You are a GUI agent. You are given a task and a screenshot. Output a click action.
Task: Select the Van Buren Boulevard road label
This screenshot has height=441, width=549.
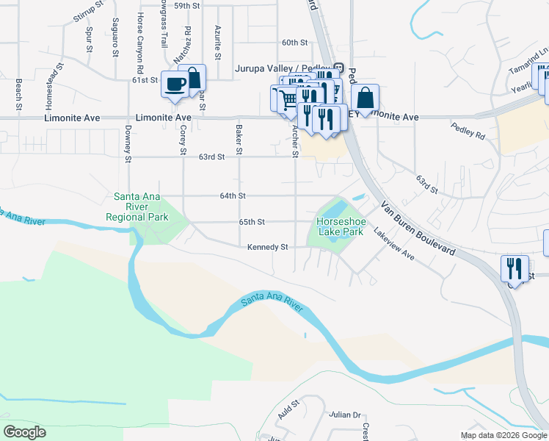point(418,229)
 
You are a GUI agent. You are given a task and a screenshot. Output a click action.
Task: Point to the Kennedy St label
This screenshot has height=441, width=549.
point(267,248)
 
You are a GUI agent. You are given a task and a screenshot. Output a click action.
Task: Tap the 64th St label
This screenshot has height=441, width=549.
point(232,196)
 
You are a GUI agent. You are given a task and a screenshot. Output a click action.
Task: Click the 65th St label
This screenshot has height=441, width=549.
point(251,221)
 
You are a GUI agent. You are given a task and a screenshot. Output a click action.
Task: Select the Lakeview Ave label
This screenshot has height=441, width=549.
point(394,244)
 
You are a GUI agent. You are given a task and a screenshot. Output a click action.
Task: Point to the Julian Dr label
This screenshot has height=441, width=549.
point(346,415)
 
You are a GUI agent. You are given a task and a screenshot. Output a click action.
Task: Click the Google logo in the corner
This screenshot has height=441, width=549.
point(25,432)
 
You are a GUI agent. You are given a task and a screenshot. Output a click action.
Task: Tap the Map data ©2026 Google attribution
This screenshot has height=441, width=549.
point(503,435)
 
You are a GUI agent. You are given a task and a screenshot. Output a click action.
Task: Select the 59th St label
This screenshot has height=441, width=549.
point(187,5)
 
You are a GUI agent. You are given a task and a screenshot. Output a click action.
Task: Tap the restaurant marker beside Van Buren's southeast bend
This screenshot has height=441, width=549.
point(515,268)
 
